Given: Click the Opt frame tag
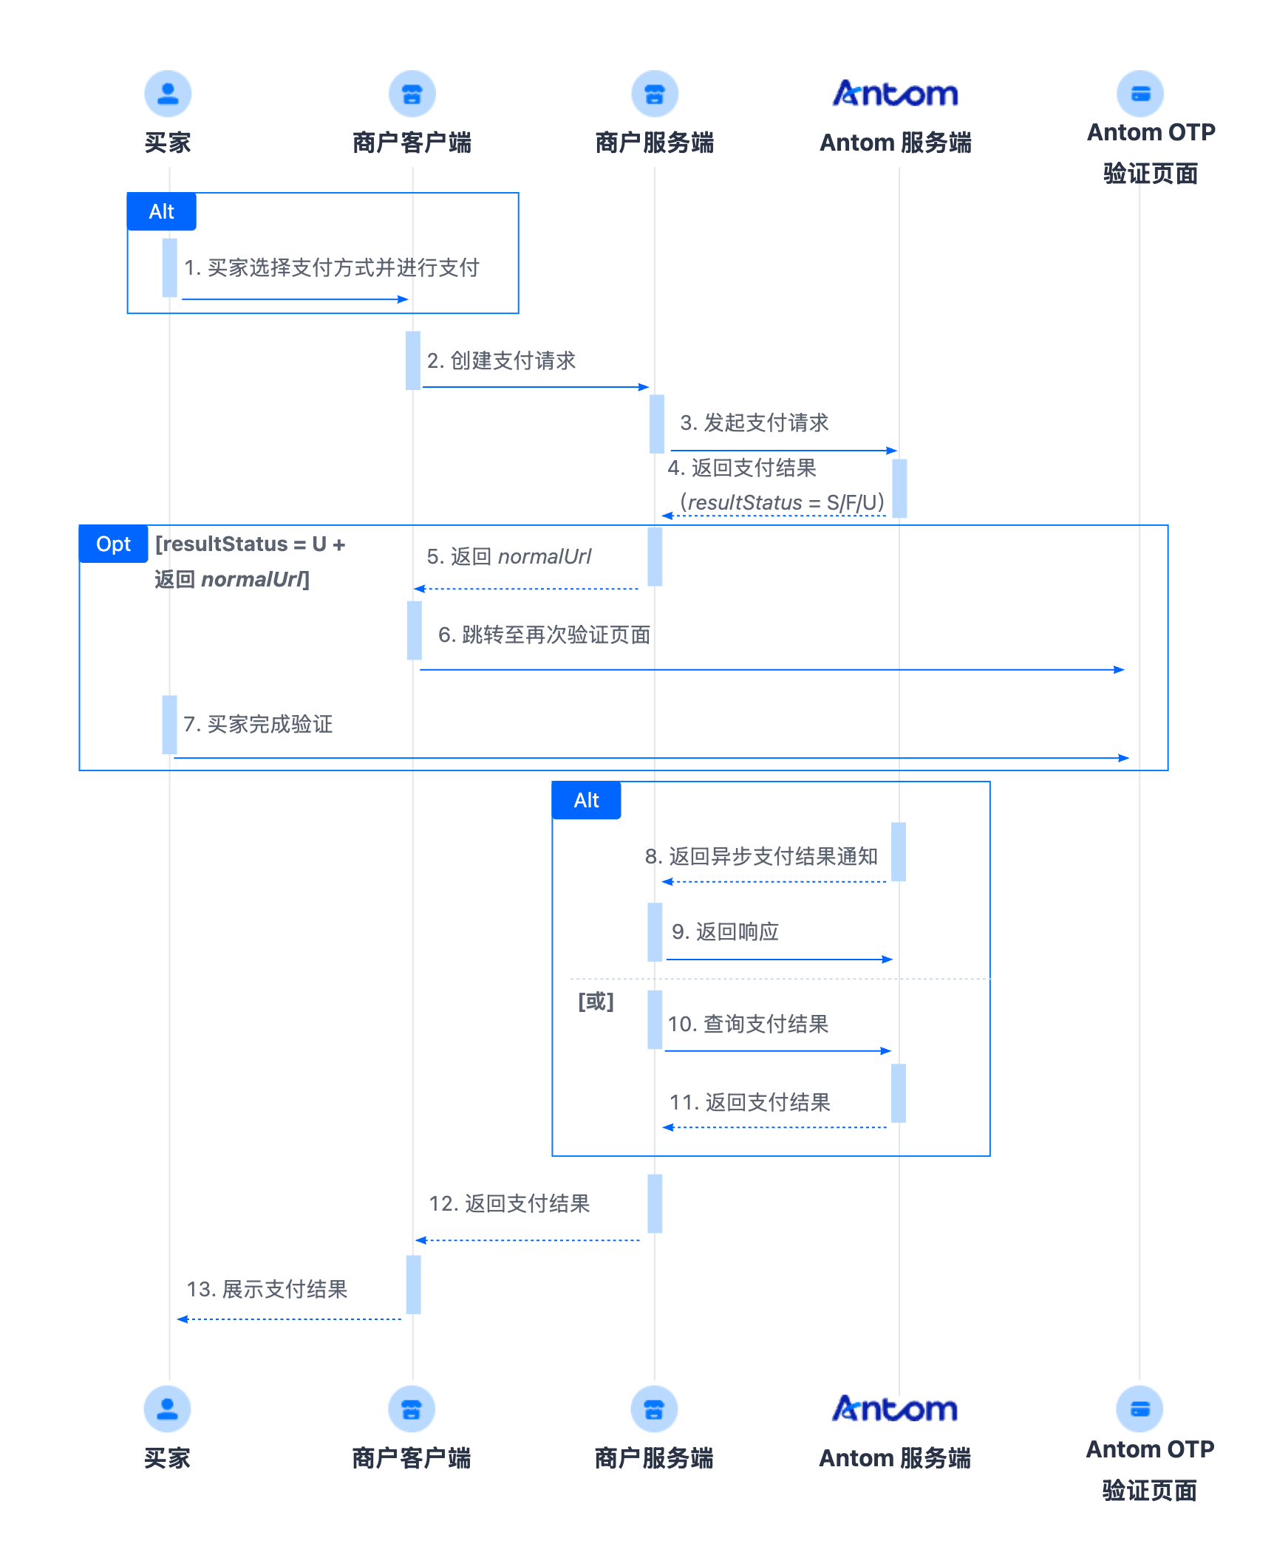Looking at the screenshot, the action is (x=114, y=544).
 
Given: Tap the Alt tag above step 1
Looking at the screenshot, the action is (x=162, y=212).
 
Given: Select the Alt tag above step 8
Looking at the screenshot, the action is (x=587, y=801).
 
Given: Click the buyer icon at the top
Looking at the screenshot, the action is (x=168, y=94).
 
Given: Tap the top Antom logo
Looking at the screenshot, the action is (x=896, y=94).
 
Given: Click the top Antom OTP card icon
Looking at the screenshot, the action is (x=1140, y=94).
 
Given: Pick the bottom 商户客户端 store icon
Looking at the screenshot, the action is (x=412, y=1409).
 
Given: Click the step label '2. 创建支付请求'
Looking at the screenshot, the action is (x=501, y=360).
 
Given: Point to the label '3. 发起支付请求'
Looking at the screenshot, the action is (x=754, y=423).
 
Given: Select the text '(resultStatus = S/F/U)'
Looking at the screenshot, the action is (x=782, y=502).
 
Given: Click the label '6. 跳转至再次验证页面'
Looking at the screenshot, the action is (x=545, y=635).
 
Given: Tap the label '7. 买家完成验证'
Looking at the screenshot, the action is (x=258, y=724).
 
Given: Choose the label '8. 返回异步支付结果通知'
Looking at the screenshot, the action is (x=761, y=856).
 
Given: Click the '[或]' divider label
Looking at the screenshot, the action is (x=596, y=1002).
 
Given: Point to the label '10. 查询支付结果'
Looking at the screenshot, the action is (x=748, y=1024).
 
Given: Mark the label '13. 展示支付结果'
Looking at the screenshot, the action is (x=267, y=1289).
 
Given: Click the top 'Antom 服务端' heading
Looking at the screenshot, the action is (x=896, y=143).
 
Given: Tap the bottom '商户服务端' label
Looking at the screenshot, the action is (x=654, y=1458).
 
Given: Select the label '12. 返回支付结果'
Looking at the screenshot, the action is (x=509, y=1203).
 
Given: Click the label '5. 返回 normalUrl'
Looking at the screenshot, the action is (x=509, y=556).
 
